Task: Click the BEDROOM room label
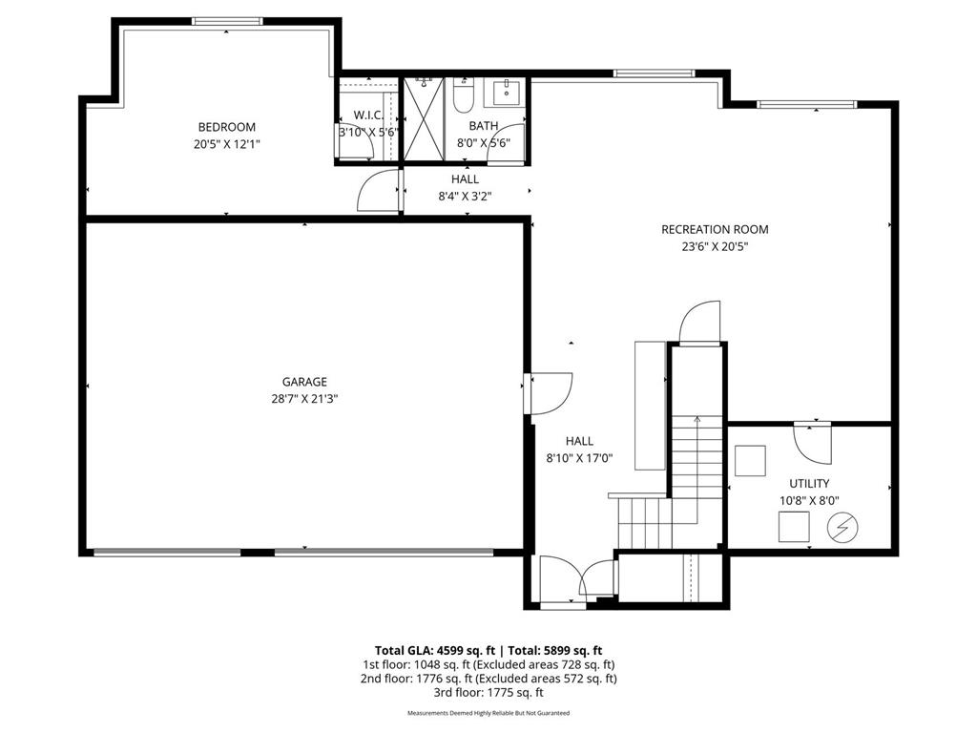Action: (227, 127)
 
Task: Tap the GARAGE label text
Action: (304, 382)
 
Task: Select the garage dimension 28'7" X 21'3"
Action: (304, 399)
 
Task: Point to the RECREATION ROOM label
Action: (715, 229)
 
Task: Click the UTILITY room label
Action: (809, 484)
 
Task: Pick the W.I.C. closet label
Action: (368, 115)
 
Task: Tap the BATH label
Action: (484, 126)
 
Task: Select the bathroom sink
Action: (507, 92)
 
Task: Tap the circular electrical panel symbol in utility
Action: (842, 528)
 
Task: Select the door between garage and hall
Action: (549, 394)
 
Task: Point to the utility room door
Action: (812, 443)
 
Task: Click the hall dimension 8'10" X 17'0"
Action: (579, 459)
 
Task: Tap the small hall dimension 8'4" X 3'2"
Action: (465, 197)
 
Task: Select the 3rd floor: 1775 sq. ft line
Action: (488, 692)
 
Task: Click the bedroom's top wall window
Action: (227, 21)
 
